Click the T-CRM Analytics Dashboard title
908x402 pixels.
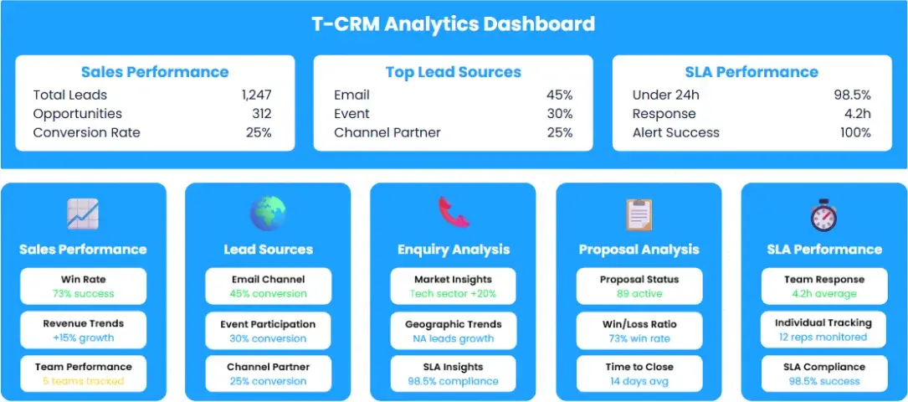pos(454,23)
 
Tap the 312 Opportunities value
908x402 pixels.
pos(261,114)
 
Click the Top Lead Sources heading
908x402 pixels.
pos(454,72)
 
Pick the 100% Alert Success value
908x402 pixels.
pos(854,132)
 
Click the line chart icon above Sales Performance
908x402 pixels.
pos(83,214)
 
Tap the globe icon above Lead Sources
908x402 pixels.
pos(268,214)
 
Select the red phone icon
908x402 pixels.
pos(454,213)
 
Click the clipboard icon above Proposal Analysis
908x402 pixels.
pos(639,214)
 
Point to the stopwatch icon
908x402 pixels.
pos(823,214)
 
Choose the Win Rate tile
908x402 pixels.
pos(83,286)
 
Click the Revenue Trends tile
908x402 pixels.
pos(83,331)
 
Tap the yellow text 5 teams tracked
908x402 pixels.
pos(83,382)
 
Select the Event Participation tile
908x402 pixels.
pos(268,331)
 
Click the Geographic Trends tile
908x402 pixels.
pos(454,331)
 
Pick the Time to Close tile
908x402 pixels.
pos(639,374)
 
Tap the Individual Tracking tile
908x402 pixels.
pos(823,330)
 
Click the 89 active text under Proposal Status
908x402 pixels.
pos(639,294)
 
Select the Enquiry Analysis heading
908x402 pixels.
pos(454,250)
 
